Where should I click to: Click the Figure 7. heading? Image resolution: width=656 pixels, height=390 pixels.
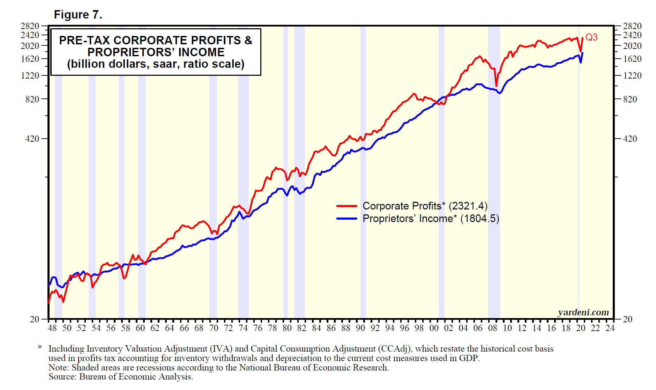click(78, 15)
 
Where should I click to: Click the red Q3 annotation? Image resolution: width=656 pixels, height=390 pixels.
click(591, 37)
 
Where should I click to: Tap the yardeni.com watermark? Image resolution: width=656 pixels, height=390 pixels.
click(583, 312)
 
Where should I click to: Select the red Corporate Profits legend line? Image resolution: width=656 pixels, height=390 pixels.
click(346, 206)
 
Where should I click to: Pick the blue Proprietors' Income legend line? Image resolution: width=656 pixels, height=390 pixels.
click(346, 219)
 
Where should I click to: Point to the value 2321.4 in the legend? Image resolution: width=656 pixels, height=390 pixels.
click(468, 206)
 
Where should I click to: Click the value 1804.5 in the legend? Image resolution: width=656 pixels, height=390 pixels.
click(480, 219)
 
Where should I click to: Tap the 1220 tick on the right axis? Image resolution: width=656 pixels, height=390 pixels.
click(632, 75)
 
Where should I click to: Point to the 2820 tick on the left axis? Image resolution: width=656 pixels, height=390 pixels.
click(30, 26)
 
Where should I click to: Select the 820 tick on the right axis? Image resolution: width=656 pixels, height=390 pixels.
click(630, 99)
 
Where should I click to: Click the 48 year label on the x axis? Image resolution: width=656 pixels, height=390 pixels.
click(52, 328)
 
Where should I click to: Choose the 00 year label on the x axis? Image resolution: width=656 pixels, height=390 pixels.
click(434, 328)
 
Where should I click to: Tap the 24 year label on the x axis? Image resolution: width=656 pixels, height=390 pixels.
click(610, 328)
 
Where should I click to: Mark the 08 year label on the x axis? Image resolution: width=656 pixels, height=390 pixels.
click(492, 328)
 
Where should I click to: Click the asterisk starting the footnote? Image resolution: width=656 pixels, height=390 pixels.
click(40, 348)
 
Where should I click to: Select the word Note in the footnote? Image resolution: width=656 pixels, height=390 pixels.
click(58, 368)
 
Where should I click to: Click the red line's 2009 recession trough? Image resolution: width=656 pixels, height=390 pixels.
click(496, 86)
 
